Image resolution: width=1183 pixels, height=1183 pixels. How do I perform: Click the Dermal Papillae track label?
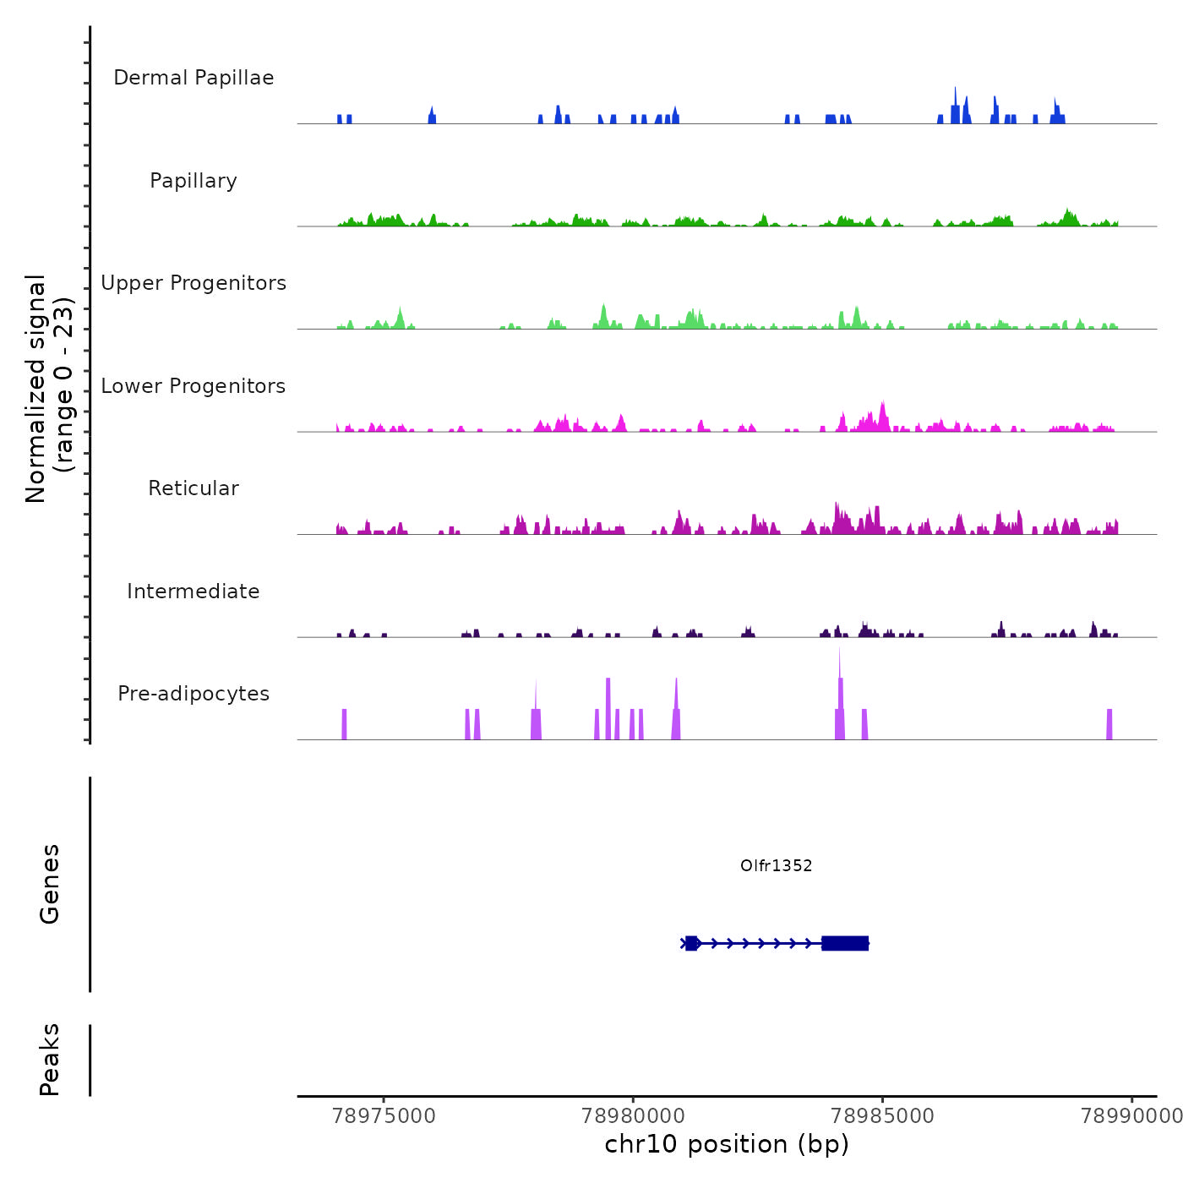point(194,78)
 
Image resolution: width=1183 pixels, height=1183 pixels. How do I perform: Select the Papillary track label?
point(194,181)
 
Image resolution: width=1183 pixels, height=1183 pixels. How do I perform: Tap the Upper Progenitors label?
point(194,283)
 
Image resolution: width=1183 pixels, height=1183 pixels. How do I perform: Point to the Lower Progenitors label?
point(194,386)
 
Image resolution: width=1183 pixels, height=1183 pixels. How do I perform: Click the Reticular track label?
point(194,488)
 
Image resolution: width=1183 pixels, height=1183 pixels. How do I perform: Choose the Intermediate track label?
point(194,591)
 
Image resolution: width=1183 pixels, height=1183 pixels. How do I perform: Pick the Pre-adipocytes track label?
point(194,694)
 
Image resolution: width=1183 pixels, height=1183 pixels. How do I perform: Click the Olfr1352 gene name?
point(776,865)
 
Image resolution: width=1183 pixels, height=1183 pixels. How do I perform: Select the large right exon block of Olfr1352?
point(845,943)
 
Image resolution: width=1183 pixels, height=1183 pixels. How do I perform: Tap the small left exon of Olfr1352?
point(691,943)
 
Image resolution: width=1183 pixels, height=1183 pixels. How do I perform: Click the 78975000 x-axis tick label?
point(384,1116)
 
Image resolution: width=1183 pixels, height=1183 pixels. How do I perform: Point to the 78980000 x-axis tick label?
point(634,1116)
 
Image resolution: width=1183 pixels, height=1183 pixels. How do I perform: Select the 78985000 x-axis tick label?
point(883,1116)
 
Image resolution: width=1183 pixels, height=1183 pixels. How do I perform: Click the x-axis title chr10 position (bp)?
point(727,1144)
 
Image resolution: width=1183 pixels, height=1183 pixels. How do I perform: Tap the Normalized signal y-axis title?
point(49,389)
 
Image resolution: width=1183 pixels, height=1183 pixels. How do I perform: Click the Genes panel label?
point(50,884)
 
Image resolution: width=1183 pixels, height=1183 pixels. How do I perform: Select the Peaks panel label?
point(50,1060)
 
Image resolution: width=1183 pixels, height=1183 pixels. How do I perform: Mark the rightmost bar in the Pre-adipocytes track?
point(1109,725)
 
